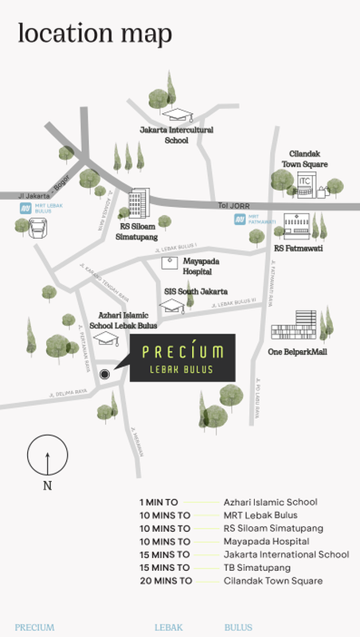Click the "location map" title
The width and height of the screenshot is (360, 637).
point(95,34)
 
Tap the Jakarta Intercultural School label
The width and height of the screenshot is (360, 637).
point(177,135)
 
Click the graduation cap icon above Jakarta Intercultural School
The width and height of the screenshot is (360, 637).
point(184,112)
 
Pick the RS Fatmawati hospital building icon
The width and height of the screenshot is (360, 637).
point(295,225)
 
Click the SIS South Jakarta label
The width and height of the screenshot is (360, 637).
point(196,291)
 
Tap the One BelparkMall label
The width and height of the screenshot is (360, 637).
point(298,351)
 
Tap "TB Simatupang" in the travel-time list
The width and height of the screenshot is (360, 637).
point(256,568)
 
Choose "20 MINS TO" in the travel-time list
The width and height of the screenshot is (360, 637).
point(166,580)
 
